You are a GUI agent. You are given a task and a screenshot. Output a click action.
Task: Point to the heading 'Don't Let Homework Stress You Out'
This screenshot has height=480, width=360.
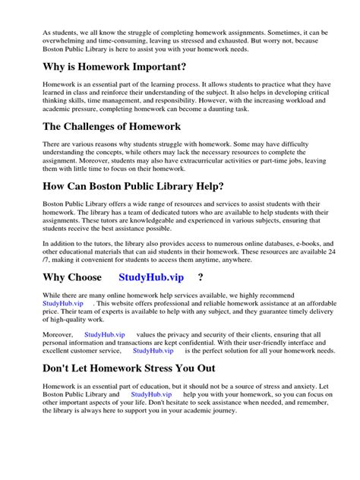[129, 368]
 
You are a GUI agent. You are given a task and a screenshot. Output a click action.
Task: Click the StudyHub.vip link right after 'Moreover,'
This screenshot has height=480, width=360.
[105, 334]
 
